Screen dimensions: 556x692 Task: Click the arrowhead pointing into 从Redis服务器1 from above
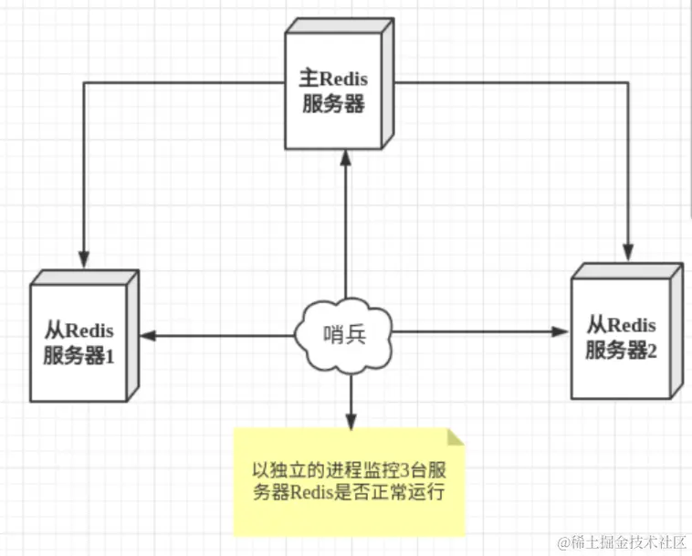click(x=83, y=254)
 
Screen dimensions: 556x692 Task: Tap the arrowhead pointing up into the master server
click(x=346, y=157)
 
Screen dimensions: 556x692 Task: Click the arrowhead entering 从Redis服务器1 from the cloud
click(x=146, y=336)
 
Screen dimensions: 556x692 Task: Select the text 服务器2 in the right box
click(x=622, y=348)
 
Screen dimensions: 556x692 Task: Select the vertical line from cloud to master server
click(x=346, y=237)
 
